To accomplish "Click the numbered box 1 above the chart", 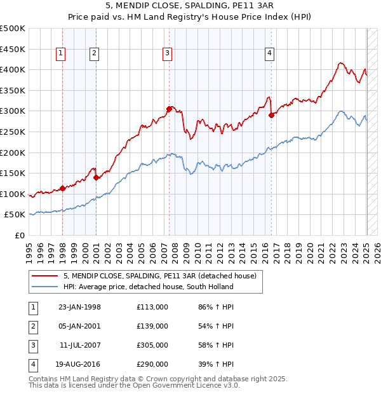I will (x=60, y=54).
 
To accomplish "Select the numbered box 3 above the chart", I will (x=167, y=54).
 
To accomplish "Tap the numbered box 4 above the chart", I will (x=270, y=54).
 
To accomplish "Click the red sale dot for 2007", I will (x=170, y=109).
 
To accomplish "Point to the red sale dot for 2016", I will (x=271, y=115).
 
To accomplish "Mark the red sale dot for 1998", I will (x=63, y=188).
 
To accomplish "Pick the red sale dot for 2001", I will (x=96, y=177).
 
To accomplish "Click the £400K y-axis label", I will (x=13, y=69).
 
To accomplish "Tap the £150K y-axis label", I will (x=13, y=173).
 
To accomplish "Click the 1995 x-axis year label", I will (x=29, y=248).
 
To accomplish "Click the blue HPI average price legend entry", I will (x=148, y=287).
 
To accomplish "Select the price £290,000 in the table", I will (x=152, y=364).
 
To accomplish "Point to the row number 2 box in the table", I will (x=32, y=326).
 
